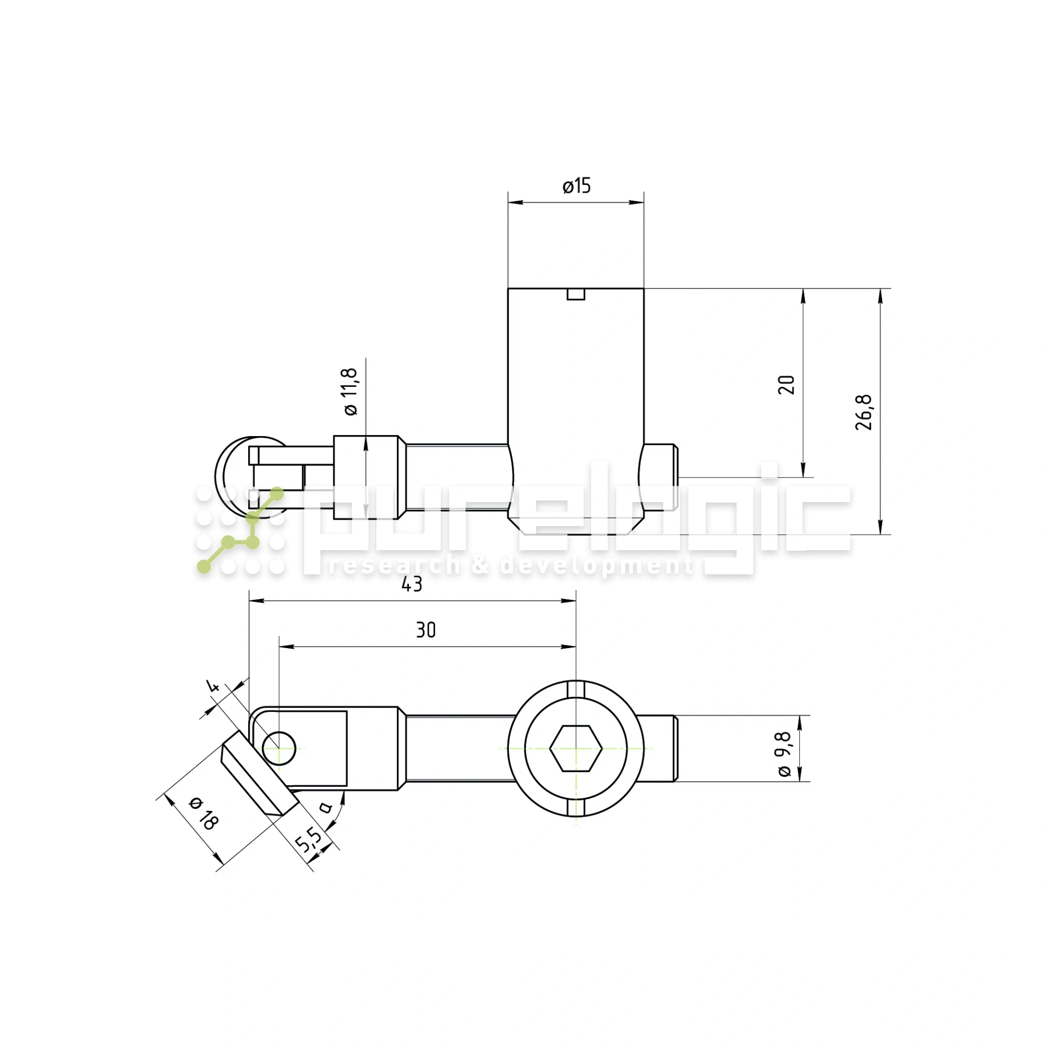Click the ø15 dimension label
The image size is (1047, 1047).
coord(576,186)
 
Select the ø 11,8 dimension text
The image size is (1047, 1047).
coord(351,391)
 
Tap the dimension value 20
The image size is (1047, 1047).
coord(786,384)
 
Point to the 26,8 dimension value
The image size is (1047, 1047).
coord(863,413)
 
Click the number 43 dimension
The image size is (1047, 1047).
coord(412,584)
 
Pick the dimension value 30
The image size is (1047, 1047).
coord(426,630)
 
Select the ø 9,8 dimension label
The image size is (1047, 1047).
coord(784,754)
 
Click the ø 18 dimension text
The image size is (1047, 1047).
coord(204,814)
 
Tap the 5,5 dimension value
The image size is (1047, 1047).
coord(308,840)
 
